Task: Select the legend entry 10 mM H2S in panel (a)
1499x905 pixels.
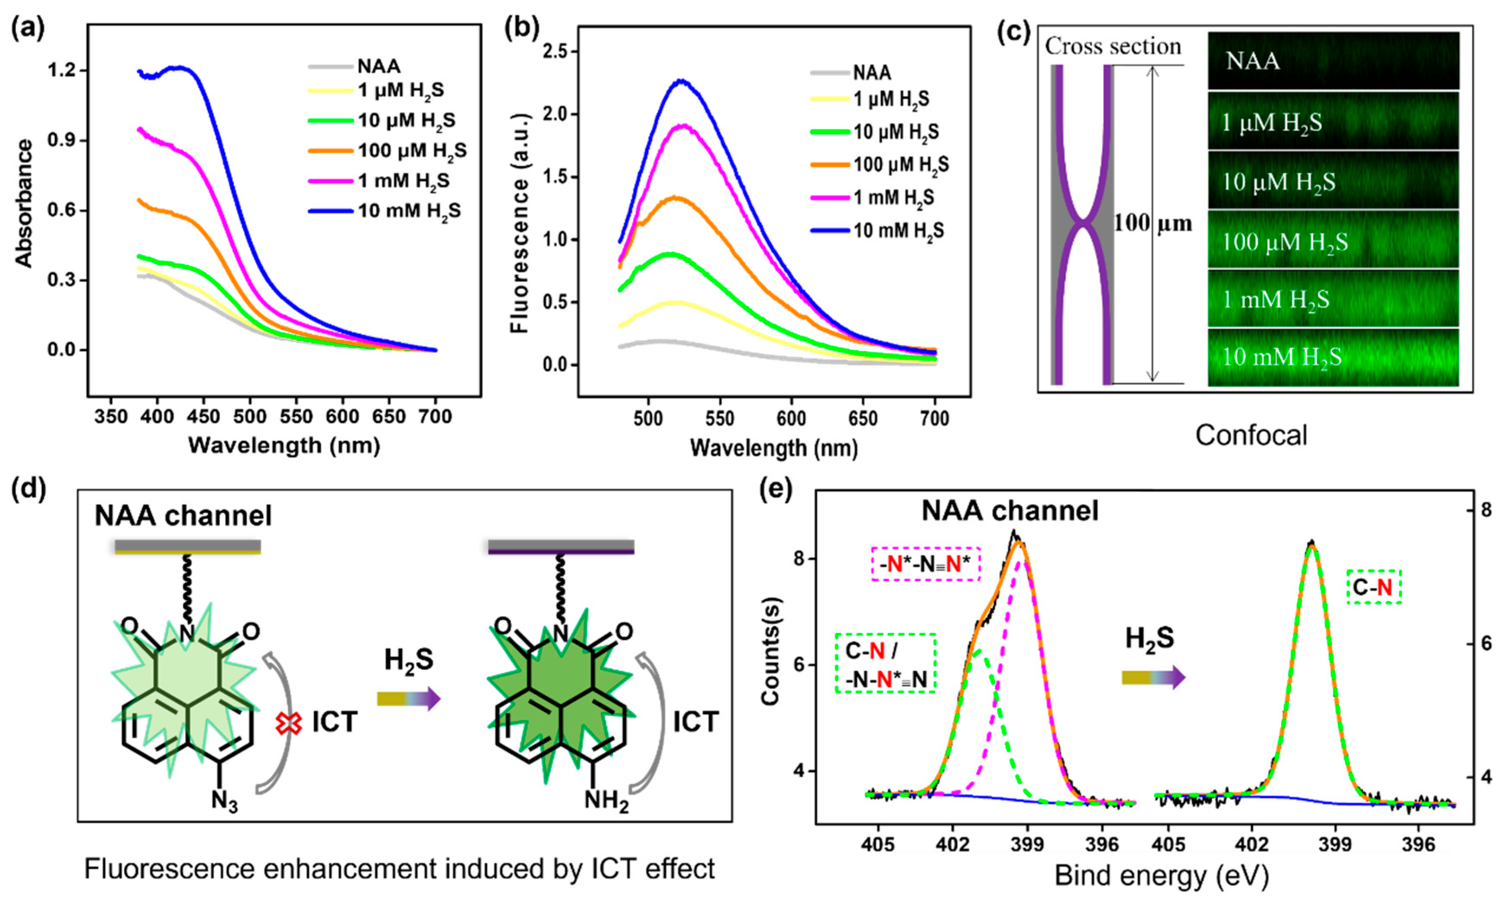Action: pyautogui.click(x=409, y=211)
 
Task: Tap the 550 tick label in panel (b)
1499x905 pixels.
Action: pyautogui.click(x=720, y=419)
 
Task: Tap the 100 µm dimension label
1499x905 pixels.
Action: pyautogui.click(x=1152, y=224)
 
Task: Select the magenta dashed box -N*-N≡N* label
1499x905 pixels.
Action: pyautogui.click(x=925, y=565)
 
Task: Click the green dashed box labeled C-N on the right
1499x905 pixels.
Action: pyautogui.click(x=1374, y=587)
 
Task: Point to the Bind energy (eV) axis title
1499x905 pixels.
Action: pyautogui.click(x=1161, y=876)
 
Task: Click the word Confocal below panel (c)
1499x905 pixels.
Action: pyautogui.click(x=1251, y=435)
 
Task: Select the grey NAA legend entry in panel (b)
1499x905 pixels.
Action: pyautogui.click(x=872, y=73)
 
